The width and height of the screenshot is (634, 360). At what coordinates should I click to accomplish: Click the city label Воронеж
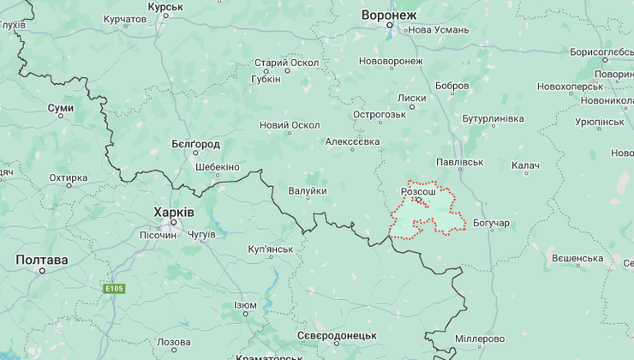click(388, 15)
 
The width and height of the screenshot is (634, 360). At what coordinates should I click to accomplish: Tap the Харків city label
click(174, 212)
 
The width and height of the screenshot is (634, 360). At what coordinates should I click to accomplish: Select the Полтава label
click(41, 260)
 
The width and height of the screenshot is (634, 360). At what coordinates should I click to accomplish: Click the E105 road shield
click(115, 289)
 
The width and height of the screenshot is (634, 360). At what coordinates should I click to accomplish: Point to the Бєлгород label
click(195, 144)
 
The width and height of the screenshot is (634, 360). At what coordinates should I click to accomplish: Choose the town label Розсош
click(418, 193)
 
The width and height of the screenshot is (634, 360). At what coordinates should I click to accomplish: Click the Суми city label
click(60, 108)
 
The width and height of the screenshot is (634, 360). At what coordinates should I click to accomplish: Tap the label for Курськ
click(165, 7)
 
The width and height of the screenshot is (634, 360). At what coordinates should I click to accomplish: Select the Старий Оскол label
click(286, 63)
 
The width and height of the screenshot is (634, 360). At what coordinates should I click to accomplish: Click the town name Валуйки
click(307, 190)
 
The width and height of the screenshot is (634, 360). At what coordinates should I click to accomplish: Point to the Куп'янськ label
click(270, 249)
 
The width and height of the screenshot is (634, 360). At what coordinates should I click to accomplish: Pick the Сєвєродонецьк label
click(337, 334)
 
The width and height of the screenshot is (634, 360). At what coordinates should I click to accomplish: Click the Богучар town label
click(491, 224)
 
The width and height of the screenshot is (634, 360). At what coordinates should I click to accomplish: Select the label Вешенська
click(577, 258)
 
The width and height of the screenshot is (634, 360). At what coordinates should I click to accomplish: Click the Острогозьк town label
click(379, 115)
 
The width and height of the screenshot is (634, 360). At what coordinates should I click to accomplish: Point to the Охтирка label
click(68, 178)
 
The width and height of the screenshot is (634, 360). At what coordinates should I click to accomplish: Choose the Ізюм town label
click(245, 305)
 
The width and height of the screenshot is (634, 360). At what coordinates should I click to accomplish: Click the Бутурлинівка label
click(492, 118)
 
